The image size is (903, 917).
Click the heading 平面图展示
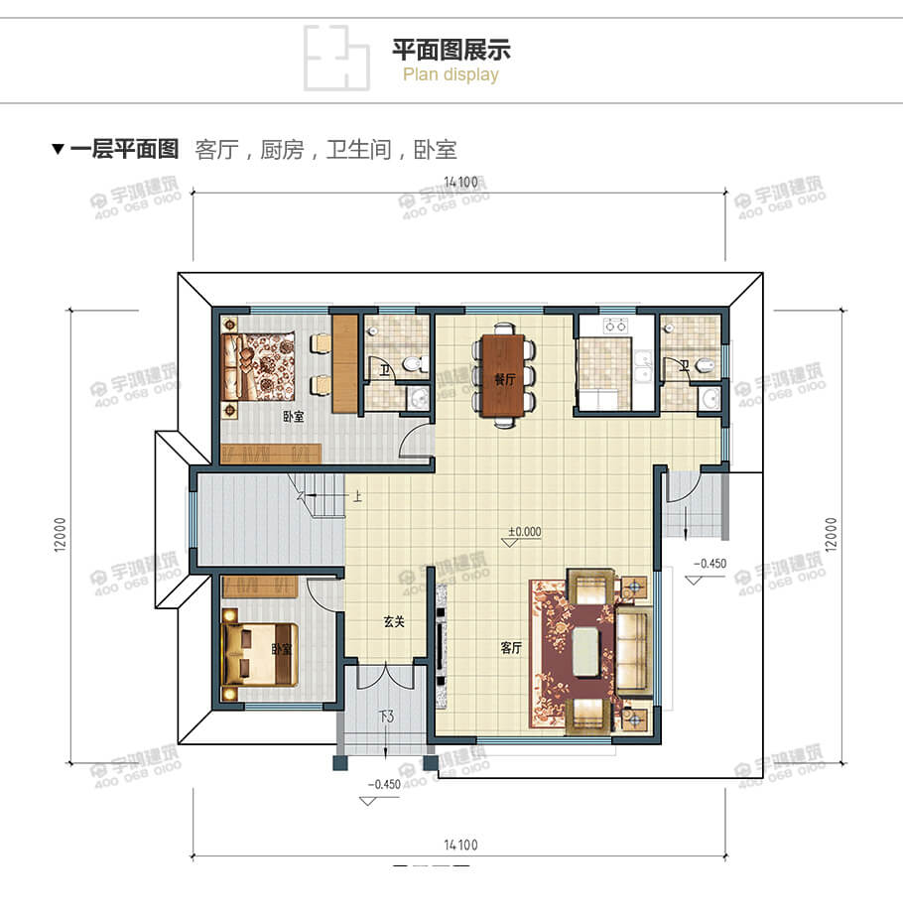[x=451, y=50]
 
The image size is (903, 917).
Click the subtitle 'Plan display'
[x=451, y=75]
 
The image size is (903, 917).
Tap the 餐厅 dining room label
[x=505, y=379]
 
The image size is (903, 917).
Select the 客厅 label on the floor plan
[x=511, y=648]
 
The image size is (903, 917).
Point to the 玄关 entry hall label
[x=395, y=622]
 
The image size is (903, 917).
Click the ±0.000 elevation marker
[x=524, y=531]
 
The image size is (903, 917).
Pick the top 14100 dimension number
[x=461, y=182]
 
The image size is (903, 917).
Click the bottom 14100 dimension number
[x=461, y=846]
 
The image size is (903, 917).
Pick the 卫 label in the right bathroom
[x=684, y=366]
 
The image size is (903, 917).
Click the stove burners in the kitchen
[x=615, y=324]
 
